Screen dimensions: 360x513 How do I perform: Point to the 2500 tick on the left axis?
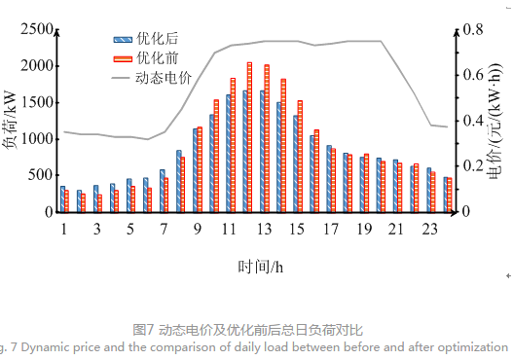coord(36,30)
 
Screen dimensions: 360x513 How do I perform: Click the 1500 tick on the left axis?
coord(36,103)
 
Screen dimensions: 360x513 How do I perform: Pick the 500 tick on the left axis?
coord(40,175)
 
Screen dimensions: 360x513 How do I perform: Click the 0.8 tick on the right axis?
coord(472,30)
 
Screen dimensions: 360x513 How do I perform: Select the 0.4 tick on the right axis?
coord(472,121)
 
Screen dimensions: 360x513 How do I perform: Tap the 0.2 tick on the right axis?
coord(472,166)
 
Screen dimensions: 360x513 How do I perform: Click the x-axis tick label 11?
coord(230,229)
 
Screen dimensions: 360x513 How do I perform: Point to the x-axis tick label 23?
coord(429,229)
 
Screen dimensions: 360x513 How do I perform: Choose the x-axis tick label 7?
coord(164,229)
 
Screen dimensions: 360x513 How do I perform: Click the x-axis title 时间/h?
coord(258,265)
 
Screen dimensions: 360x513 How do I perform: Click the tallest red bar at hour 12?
coord(250,137)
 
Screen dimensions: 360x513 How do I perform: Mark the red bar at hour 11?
coord(234,145)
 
